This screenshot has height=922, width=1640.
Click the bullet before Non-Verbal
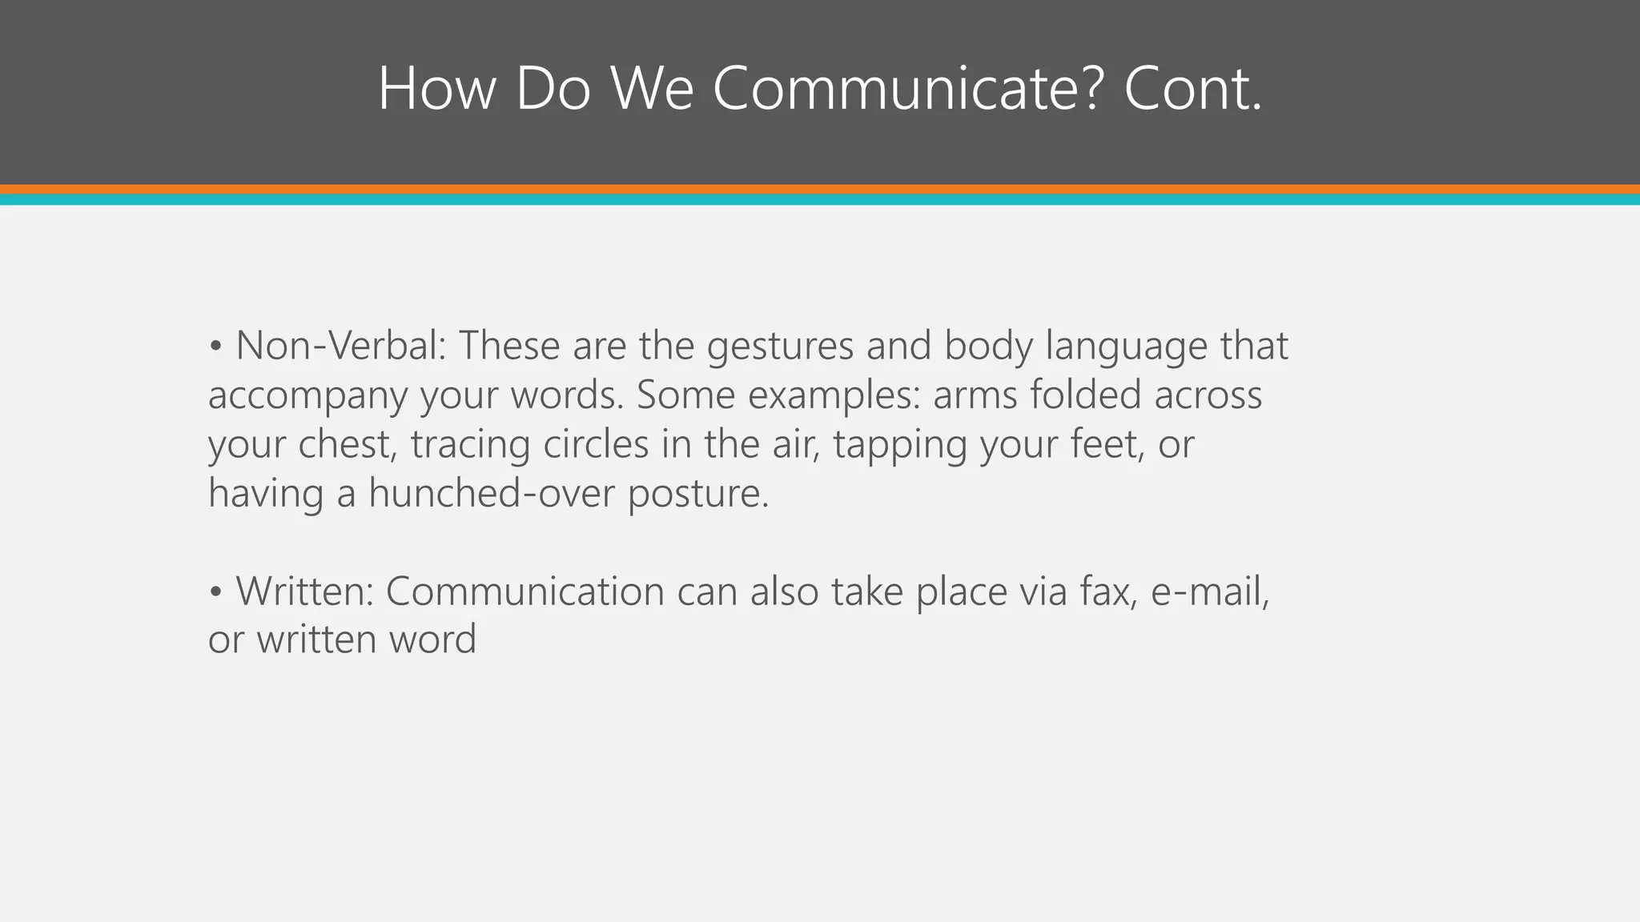coord(215,347)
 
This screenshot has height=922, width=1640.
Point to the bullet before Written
coord(215,592)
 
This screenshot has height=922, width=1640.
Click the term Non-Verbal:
coord(341,346)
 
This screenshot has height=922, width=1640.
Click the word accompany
coord(307,396)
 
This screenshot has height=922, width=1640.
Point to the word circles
coord(596,444)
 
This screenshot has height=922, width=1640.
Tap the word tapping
coord(900,445)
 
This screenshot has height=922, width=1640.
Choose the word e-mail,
coord(1210,592)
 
